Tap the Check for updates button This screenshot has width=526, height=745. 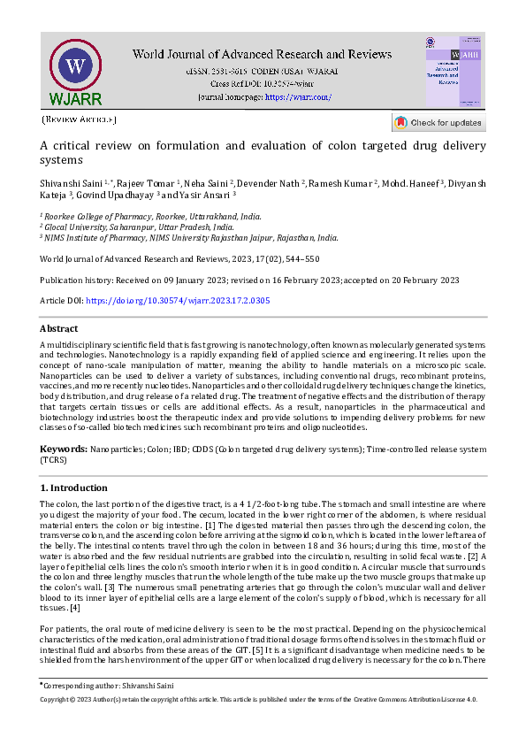click(x=438, y=122)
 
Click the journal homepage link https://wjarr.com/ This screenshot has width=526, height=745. click(x=298, y=96)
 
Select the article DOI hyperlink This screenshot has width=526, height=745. click(x=177, y=301)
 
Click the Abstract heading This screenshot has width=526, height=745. click(x=59, y=328)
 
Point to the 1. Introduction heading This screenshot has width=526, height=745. click(x=74, y=488)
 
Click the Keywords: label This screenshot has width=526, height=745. click(x=64, y=449)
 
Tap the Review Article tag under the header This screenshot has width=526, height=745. click(x=79, y=119)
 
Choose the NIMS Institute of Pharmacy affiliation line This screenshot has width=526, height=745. click(x=189, y=237)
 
